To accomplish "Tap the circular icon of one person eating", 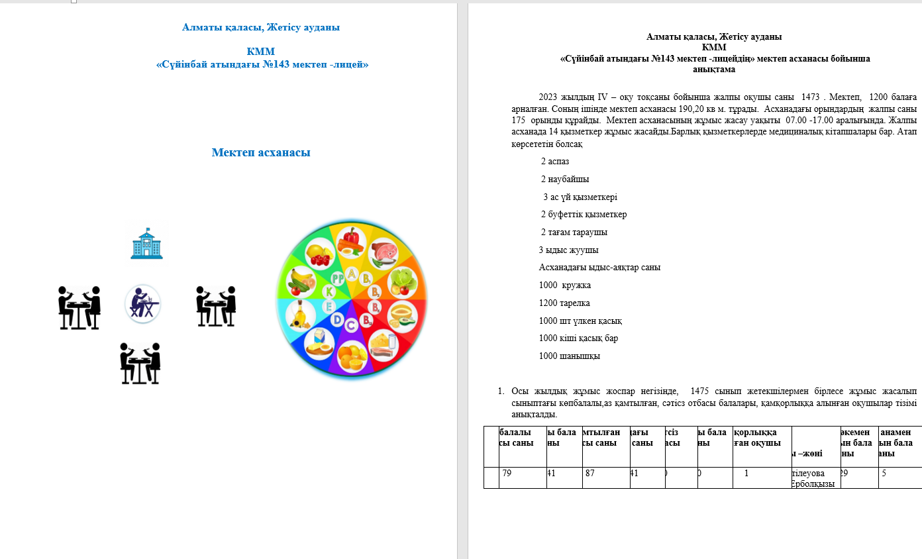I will pos(142,305).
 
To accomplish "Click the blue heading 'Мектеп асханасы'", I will pos(261,153).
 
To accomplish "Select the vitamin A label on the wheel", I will pos(351,274).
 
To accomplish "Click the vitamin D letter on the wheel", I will pos(337,321).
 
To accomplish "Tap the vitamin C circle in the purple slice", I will pos(351,325).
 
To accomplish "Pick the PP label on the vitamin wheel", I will pos(338,278).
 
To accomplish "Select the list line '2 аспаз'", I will pos(554,162).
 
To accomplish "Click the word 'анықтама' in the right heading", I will pos(714,69).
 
